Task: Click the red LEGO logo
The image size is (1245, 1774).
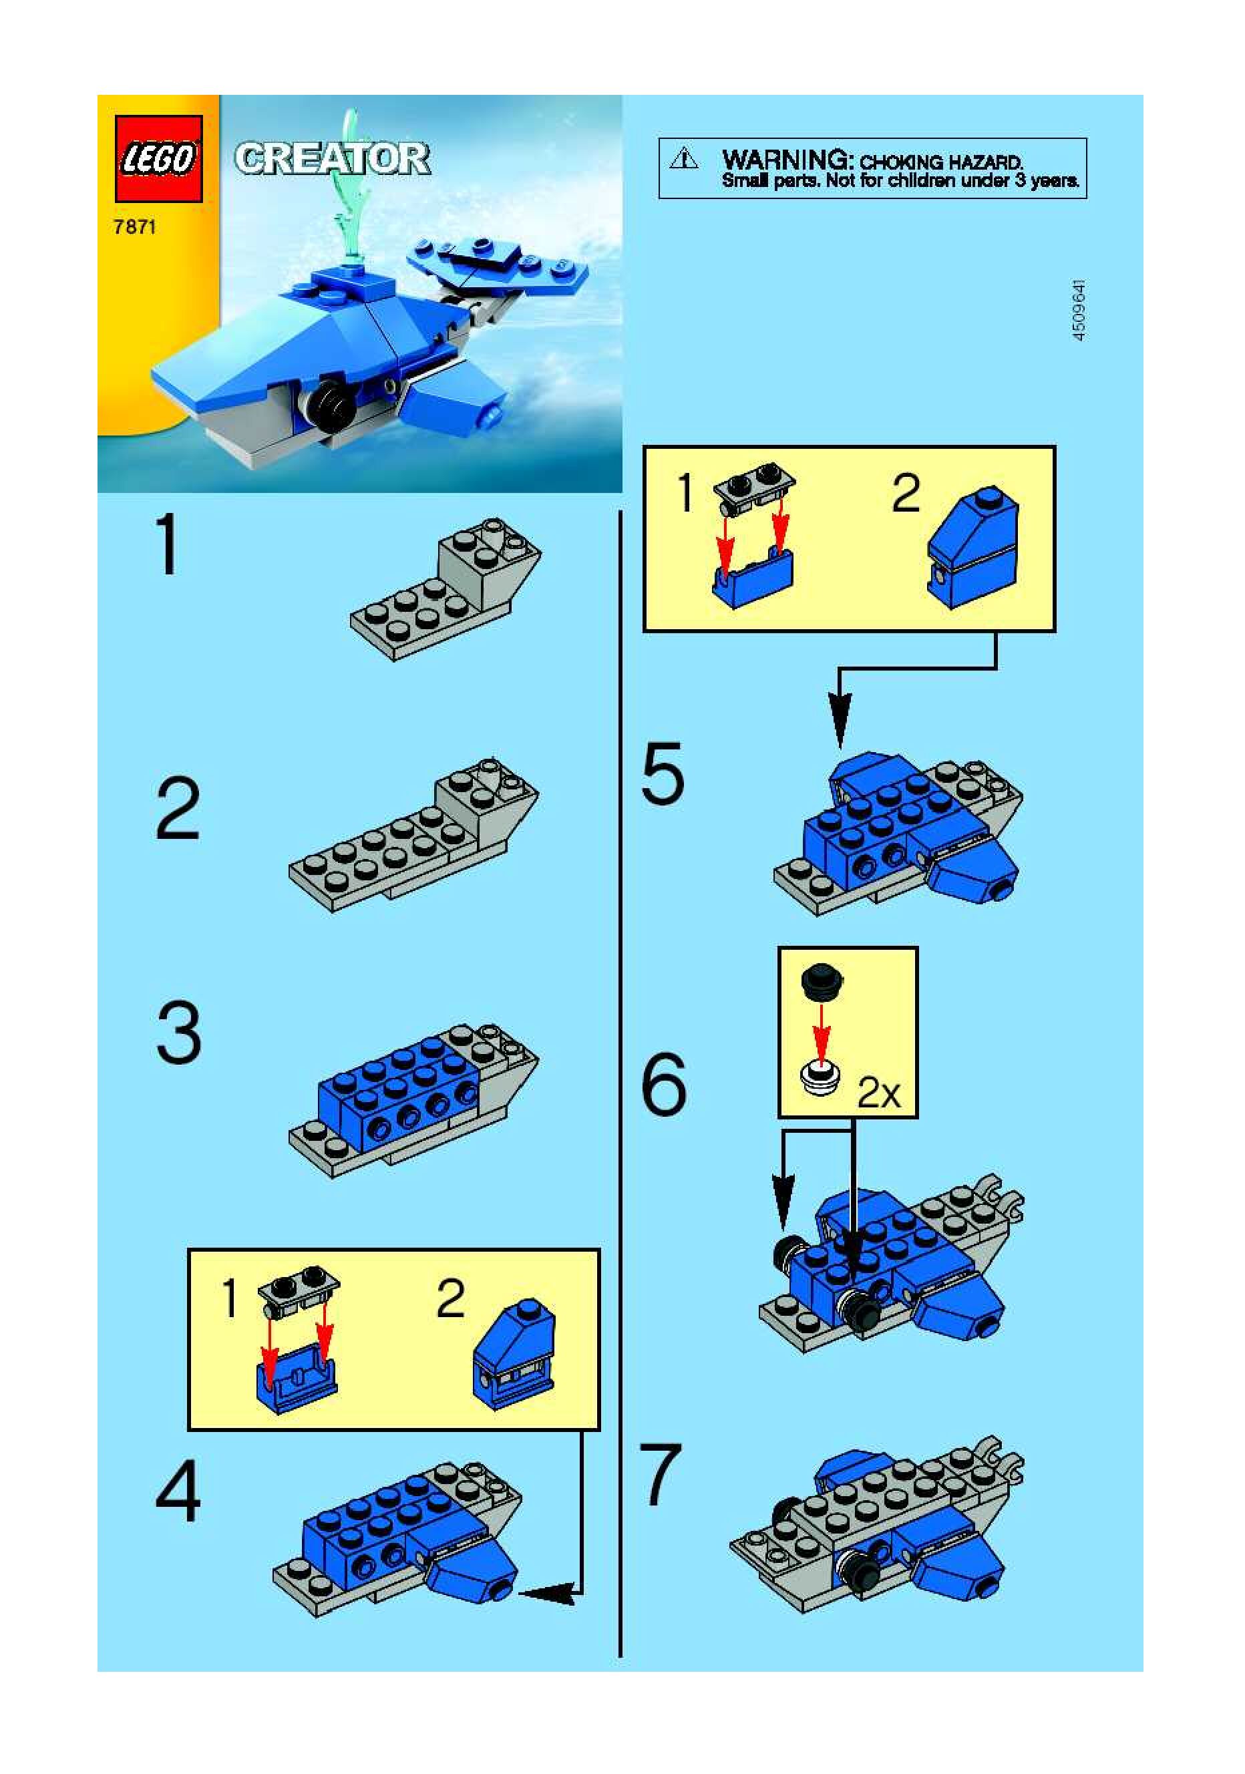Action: click(x=158, y=159)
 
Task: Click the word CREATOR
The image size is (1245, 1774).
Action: click(x=333, y=158)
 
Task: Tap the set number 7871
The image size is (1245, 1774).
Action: click(x=134, y=227)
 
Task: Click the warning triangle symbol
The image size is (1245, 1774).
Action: click(x=684, y=159)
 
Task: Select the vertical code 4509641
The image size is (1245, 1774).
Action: click(x=1079, y=310)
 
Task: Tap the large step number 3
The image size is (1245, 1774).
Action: click(x=178, y=1032)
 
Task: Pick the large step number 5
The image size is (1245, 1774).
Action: click(x=663, y=773)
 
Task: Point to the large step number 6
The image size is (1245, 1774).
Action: click(x=663, y=1083)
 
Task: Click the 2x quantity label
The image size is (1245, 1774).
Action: click(x=880, y=1093)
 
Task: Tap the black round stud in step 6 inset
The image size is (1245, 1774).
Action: click(x=822, y=981)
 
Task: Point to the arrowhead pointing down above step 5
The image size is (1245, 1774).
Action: click(x=840, y=721)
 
